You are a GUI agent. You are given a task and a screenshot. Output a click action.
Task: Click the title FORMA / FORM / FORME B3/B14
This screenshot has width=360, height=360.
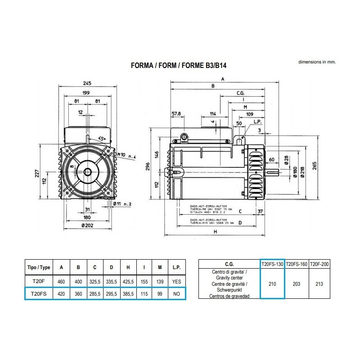[x=178, y=65]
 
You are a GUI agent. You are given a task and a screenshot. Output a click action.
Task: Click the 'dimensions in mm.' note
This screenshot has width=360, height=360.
[x=317, y=62]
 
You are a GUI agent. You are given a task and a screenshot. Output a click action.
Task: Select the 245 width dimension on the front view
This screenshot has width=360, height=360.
[x=88, y=83]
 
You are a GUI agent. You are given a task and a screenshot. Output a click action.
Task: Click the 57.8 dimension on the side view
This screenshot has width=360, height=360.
[x=176, y=113]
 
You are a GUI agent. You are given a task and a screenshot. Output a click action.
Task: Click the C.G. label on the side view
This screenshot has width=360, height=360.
[x=240, y=93]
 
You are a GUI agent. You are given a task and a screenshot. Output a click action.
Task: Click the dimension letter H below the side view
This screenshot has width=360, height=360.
[x=216, y=232]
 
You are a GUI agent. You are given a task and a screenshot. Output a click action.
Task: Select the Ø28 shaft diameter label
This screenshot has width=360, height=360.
[x=286, y=161]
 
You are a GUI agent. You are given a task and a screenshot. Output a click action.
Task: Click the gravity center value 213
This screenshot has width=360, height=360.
[x=319, y=284]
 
